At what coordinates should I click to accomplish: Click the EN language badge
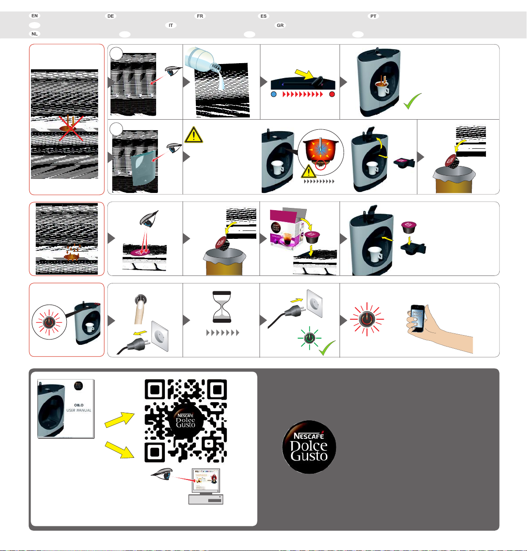(34, 16)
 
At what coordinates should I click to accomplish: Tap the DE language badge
(111, 16)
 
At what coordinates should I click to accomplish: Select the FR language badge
(200, 16)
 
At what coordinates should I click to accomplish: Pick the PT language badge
(374, 16)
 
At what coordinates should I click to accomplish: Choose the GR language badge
(280, 26)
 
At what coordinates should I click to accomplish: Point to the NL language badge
(34, 34)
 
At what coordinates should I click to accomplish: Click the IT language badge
(171, 26)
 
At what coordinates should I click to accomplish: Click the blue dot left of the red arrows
(274, 94)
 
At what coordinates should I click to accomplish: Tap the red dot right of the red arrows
(332, 94)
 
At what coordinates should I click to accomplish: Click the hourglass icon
(222, 306)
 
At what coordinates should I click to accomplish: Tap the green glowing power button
(310, 338)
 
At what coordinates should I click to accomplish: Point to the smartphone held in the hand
(417, 317)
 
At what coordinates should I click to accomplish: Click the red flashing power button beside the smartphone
(367, 319)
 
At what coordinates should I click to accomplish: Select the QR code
(186, 420)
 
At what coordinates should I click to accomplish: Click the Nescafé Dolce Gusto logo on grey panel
(309, 447)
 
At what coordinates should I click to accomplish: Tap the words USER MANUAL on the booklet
(79, 410)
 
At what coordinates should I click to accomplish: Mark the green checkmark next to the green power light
(328, 348)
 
